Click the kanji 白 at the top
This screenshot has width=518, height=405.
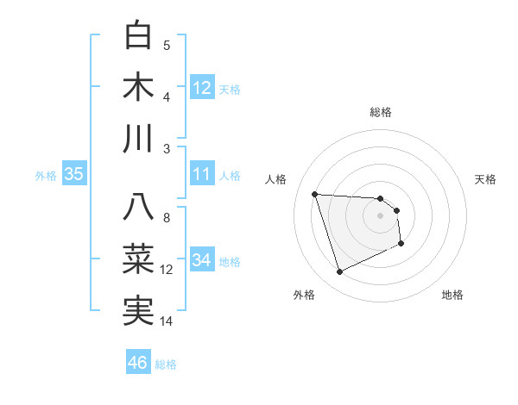(x=139, y=36)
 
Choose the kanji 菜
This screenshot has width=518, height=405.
(x=139, y=259)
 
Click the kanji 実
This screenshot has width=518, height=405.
(x=139, y=310)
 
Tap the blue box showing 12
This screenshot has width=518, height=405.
(x=202, y=87)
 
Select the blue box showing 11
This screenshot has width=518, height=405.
(x=202, y=174)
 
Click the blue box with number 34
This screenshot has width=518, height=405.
(x=202, y=260)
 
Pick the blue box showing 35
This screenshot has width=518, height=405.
(x=73, y=174)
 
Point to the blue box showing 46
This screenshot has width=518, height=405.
(x=138, y=363)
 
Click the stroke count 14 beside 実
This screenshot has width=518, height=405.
(x=167, y=321)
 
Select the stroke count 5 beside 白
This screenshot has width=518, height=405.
(x=167, y=46)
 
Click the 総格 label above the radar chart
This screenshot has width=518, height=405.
(x=381, y=112)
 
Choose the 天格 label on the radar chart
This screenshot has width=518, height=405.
(x=485, y=179)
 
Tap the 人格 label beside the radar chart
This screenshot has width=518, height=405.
(x=277, y=179)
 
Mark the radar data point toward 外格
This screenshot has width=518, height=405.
(x=339, y=272)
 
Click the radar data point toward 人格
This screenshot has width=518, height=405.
(x=315, y=194)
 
